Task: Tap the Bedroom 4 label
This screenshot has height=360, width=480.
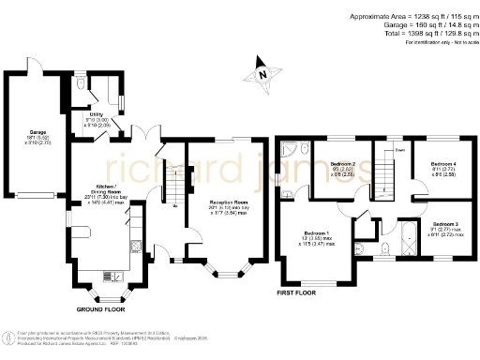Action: point(442,164)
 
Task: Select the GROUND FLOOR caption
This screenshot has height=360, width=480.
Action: point(101,307)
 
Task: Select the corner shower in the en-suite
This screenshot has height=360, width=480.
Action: point(291,151)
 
